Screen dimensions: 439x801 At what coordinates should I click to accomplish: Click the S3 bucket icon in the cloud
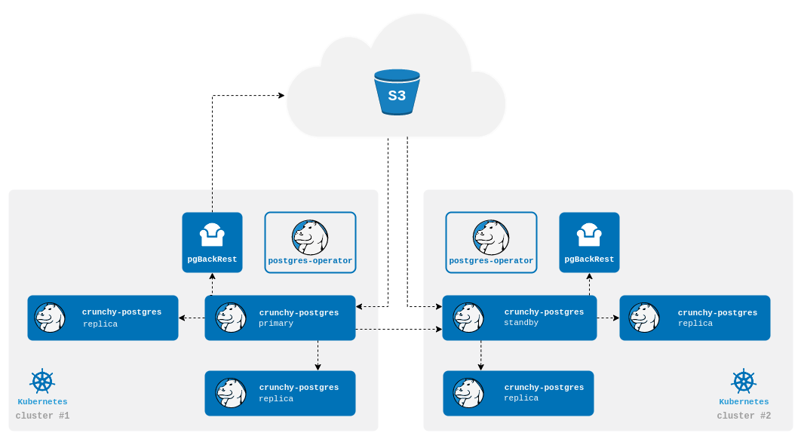pos(397,92)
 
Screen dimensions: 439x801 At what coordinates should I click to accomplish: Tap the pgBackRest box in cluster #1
pos(212,242)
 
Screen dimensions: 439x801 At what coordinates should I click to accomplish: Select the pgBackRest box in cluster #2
pos(589,242)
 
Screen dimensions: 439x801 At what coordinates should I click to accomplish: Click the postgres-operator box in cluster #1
pos(310,242)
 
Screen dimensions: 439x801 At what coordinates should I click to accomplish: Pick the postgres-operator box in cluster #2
pos(491,242)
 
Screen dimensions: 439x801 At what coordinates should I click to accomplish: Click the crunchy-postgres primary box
pos(280,318)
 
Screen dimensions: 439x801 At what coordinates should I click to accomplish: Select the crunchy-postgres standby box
pos(520,318)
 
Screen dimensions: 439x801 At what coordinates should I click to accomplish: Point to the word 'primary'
pos(276,324)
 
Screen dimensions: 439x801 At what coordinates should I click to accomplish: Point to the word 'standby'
pos(521,323)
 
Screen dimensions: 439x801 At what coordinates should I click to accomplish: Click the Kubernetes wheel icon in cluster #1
pos(42,381)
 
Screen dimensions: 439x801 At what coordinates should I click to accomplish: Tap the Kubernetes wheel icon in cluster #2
pos(744,381)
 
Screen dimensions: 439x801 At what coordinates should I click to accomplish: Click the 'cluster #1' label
pos(42,416)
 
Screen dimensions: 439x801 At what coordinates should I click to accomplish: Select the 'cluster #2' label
pos(744,416)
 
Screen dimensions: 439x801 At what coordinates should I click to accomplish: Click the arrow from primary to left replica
pos(192,318)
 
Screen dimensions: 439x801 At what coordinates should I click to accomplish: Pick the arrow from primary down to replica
pos(318,355)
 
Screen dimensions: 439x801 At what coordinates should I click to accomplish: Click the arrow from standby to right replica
pos(608,318)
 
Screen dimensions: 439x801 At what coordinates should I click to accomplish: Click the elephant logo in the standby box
pos(468,318)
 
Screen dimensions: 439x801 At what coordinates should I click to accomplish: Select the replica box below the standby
pos(518,393)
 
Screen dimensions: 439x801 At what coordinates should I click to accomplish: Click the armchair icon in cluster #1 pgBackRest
pos(212,235)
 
